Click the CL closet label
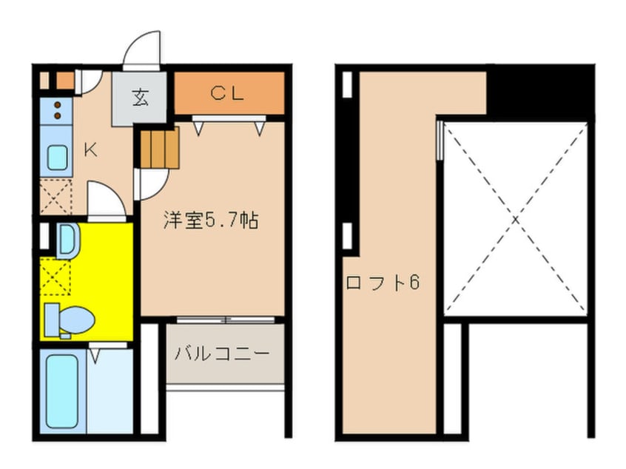(x=226, y=93)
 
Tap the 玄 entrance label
(x=140, y=98)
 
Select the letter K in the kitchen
(x=90, y=150)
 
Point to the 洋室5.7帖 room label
(x=211, y=220)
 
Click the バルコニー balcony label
(x=222, y=354)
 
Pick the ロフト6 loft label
(x=383, y=283)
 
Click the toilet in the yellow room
(x=69, y=320)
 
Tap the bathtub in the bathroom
(x=62, y=391)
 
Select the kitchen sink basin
(x=58, y=158)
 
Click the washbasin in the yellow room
(x=69, y=240)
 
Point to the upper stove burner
(x=58, y=105)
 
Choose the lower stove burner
(x=58, y=115)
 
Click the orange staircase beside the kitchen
(x=160, y=148)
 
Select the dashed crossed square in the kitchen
(x=56, y=196)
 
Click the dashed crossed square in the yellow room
(x=55, y=277)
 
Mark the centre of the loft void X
(x=516, y=219)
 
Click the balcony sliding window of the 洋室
(x=226, y=320)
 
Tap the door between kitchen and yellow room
(x=107, y=201)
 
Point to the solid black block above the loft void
(x=541, y=92)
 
